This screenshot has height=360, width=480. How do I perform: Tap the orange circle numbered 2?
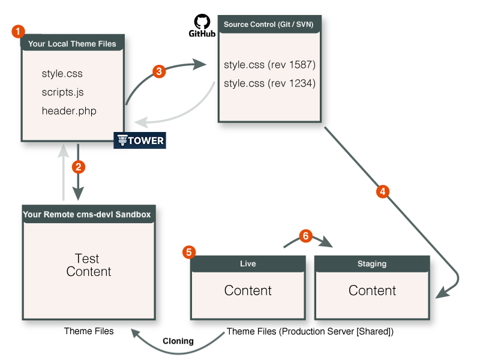(x=78, y=166)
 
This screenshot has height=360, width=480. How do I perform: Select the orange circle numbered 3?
(x=158, y=71)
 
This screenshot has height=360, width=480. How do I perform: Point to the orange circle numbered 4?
(x=382, y=191)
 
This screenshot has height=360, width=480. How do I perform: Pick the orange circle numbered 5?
(x=189, y=252)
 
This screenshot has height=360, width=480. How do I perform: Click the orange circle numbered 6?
(x=305, y=236)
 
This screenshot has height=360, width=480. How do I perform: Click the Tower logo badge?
(x=139, y=140)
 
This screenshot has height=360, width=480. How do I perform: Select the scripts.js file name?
(x=62, y=92)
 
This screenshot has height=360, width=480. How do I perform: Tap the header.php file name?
(x=69, y=111)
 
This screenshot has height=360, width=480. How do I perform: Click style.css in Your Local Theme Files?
(x=62, y=74)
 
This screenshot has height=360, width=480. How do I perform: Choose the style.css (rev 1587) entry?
(x=269, y=65)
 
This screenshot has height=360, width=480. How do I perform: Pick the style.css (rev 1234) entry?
(x=269, y=83)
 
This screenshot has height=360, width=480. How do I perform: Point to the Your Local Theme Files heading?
(x=72, y=44)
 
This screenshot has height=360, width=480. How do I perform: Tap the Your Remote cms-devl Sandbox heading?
(x=87, y=214)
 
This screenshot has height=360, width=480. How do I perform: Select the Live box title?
(x=247, y=263)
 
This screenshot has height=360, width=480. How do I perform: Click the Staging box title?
(x=372, y=263)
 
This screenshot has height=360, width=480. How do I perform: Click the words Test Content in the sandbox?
(x=88, y=265)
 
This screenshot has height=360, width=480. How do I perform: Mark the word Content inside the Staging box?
(x=372, y=291)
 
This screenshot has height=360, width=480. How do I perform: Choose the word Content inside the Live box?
(x=248, y=291)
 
